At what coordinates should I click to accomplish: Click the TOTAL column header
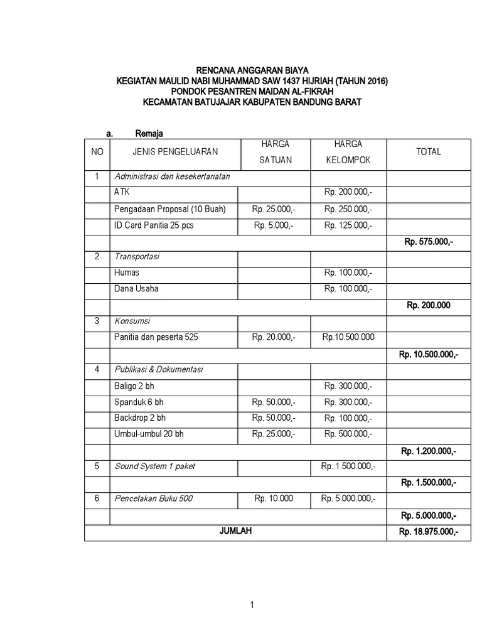tap(429, 151)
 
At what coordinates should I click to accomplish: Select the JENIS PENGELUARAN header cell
tap(175, 151)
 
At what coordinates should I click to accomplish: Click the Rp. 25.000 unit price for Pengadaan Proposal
tap(274, 208)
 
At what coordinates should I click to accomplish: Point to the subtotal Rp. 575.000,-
tap(429, 241)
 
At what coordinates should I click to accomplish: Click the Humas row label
tap(127, 273)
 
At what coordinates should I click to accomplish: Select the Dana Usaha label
tap(136, 289)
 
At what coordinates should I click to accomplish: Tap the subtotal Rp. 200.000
tap(429, 305)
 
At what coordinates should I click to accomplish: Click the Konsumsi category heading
tap(132, 321)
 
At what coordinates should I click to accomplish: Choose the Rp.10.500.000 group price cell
tap(348, 337)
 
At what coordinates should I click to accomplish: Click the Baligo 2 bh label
tap(134, 386)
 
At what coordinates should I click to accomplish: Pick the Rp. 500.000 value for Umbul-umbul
tap(348, 434)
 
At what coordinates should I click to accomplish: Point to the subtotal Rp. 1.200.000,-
tap(429, 451)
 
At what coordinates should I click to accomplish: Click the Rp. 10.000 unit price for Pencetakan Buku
tap(274, 499)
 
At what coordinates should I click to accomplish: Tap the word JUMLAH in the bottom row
tap(236, 531)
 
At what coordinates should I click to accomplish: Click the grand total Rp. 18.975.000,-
tap(429, 532)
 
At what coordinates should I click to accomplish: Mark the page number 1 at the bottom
tap(252, 605)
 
